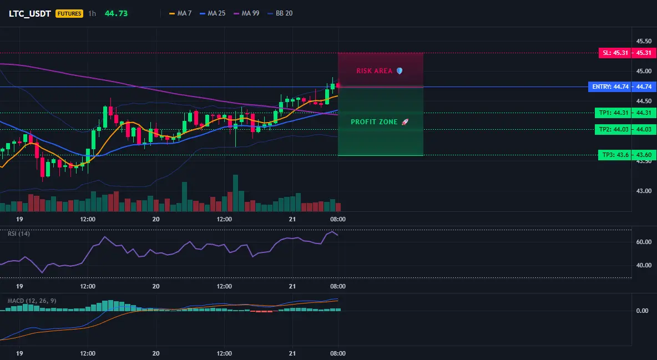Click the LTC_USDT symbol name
[x=30, y=13]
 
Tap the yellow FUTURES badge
[x=69, y=13]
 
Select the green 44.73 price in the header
[x=116, y=13]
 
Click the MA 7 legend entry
[x=180, y=13]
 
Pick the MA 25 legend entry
[x=213, y=13]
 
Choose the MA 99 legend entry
[x=246, y=13]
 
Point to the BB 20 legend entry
[x=280, y=13]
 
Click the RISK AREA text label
[x=374, y=71]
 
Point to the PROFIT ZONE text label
[x=374, y=122]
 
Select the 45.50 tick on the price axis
[x=644, y=41]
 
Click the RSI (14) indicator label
[x=19, y=234]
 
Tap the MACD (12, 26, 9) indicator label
[x=32, y=301]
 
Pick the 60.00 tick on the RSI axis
[x=644, y=242]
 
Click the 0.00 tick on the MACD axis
[x=643, y=311]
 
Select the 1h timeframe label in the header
[x=92, y=13]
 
